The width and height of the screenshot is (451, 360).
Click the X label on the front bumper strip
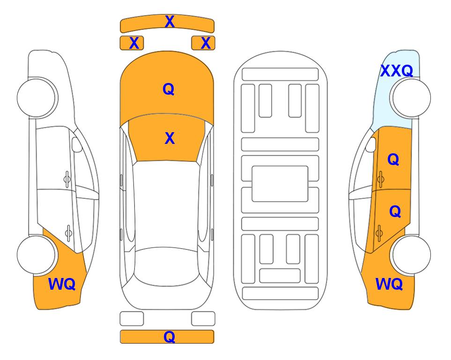pos(170,22)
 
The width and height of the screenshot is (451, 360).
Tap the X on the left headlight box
pos(134,43)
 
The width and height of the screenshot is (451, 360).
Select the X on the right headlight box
pos(206,43)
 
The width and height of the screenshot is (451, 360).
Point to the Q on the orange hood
pos(169,89)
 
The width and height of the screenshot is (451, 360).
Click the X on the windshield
pos(170,138)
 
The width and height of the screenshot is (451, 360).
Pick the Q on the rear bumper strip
pos(170,337)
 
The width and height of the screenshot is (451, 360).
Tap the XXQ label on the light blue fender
pos(397,71)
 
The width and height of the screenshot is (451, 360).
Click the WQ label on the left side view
pos(62,284)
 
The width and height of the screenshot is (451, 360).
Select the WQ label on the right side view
pos(389,284)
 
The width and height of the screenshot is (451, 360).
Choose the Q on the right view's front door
pos(393,159)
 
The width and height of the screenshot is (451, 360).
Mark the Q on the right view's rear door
pos(395,211)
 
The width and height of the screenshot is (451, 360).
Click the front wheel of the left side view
pos(37,98)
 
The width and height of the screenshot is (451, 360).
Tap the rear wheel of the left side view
pos(37,255)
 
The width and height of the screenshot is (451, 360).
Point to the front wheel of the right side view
pos(411,98)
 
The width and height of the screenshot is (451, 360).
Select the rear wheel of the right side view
pos(411,255)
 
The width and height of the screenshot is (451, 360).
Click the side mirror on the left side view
pos(76,144)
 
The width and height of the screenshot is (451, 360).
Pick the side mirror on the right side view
pos(371,144)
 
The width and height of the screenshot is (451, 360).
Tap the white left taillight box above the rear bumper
pos(132,319)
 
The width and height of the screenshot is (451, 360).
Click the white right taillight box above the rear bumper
pos(203,319)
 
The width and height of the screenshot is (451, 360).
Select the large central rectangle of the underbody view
pos(280,184)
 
